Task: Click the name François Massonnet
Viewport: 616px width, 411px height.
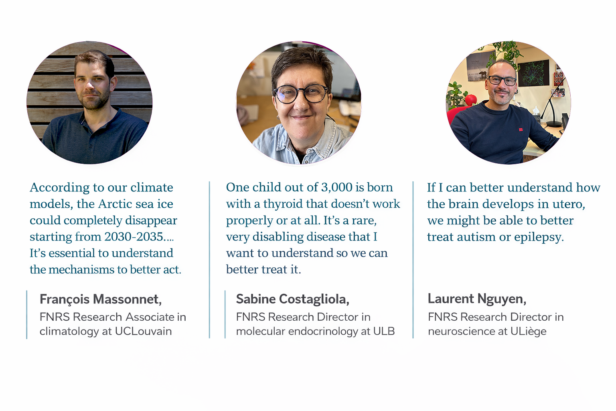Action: tap(100, 299)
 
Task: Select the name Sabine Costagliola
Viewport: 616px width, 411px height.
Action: tap(292, 299)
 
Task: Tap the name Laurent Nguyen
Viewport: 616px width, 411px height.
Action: tap(477, 299)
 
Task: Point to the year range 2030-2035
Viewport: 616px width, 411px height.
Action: tap(134, 237)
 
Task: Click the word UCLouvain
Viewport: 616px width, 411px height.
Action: tap(143, 331)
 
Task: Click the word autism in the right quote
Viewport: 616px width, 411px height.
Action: tap(476, 237)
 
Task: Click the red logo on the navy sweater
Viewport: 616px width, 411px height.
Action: tap(521, 130)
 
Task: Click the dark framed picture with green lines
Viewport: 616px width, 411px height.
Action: tap(533, 73)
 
